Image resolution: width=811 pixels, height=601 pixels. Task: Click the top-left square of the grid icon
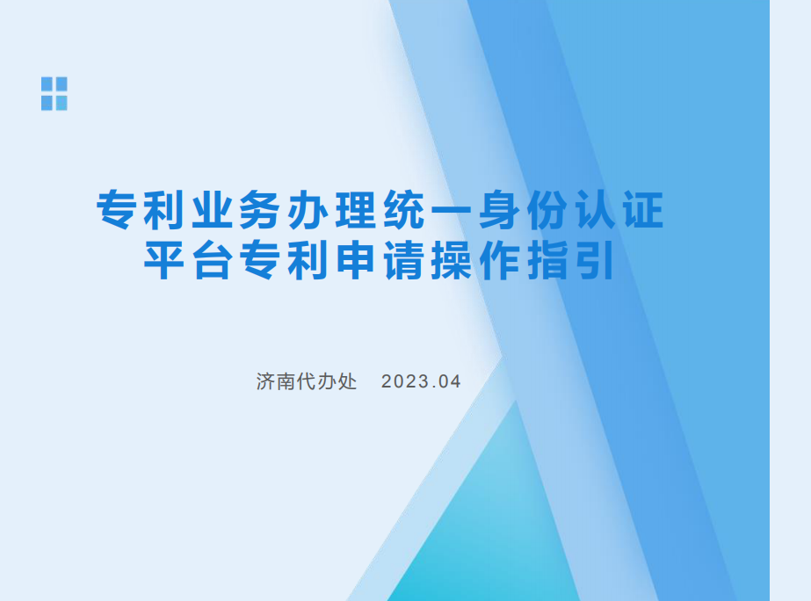click(47, 84)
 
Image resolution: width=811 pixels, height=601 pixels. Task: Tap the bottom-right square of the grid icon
click(62, 103)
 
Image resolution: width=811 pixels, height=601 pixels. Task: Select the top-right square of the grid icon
click(62, 84)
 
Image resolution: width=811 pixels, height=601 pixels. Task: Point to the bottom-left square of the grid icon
click(47, 103)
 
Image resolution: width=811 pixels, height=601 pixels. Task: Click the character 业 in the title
click(213, 210)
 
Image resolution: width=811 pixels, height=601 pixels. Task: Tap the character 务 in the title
click(260, 210)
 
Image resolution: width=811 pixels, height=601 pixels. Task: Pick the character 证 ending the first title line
click(644, 210)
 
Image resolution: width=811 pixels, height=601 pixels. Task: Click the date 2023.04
click(421, 381)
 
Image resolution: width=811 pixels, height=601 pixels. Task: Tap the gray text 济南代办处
click(307, 381)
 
